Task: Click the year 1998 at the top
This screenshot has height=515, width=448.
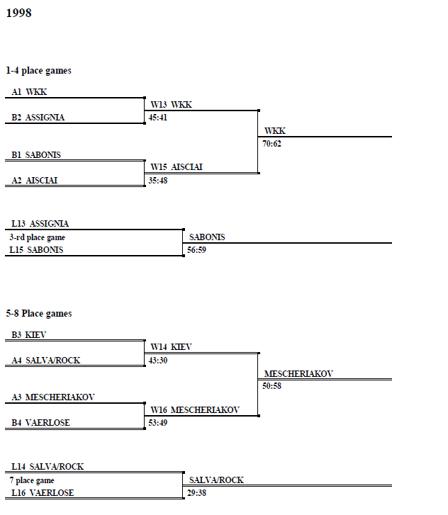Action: click(18, 13)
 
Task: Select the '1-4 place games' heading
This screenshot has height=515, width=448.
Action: click(38, 71)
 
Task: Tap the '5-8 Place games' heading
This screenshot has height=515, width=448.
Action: click(39, 314)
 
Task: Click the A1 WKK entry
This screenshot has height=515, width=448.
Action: click(29, 92)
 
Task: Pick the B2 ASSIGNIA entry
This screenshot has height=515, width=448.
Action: click(38, 118)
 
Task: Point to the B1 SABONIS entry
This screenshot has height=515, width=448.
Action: click(36, 154)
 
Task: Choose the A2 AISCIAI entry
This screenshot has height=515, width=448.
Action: click(35, 181)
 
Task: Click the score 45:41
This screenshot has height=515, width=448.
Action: click(158, 118)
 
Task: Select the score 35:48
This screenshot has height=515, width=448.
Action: click(158, 181)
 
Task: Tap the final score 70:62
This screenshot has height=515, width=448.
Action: click(271, 144)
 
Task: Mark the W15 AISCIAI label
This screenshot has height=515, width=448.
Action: click(177, 167)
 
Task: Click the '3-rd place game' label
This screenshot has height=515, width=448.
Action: click(37, 237)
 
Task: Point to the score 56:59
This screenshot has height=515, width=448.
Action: click(196, 250)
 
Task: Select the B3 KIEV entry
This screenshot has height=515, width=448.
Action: click(29, 334)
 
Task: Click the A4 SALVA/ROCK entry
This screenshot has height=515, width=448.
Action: click(46, 361)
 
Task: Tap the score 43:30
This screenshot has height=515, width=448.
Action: click(158, 361)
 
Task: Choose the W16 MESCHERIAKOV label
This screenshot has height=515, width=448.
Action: click(195, 410)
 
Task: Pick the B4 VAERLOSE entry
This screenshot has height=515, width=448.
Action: click(40, 423)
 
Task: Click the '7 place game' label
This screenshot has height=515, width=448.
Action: click(32, 480)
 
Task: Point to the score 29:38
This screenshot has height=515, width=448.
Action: click(196, 493)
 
